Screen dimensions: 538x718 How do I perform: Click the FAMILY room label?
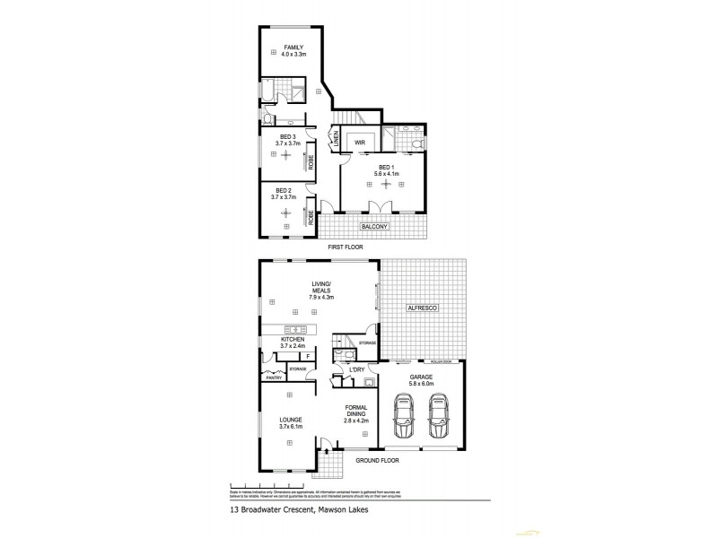[293, 47]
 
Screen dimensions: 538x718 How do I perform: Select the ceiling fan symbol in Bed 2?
[285, 213]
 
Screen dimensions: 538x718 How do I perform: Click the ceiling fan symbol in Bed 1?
[386, 184]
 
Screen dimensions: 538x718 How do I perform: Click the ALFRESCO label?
[422, 308]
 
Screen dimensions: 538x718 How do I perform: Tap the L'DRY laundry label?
[356, 369]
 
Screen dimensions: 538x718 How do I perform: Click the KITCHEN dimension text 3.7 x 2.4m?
[293, 346]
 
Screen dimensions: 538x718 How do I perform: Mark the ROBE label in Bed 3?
[311, 164]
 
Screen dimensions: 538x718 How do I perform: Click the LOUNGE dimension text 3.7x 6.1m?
[290, 427]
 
